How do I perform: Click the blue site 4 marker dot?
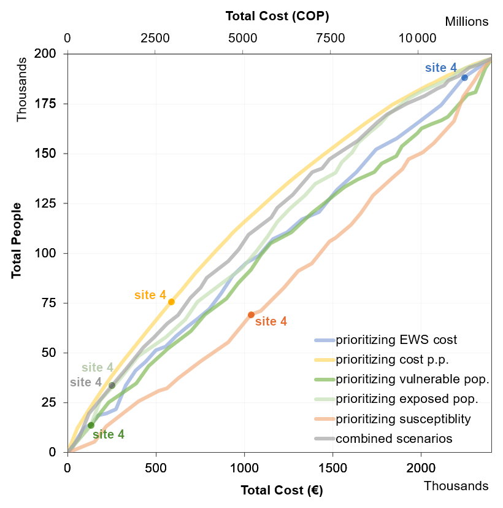pyautogui.click(x=464, y=77)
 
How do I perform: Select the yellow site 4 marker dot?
pyautogui.click(x=171, y=302)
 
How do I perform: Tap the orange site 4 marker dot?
pyautogui.click(x=251, y=315)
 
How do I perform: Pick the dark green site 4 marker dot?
pyautogui.click(x=91, y=425)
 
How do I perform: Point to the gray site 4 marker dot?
pyautogui.click(x=112, y=385)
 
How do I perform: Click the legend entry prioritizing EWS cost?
pyautogui.click(x=396, y=339)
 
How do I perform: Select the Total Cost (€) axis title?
pyautogui.click(x=282, y=490)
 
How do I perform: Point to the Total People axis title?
pyautogui.click(x=17, y=240)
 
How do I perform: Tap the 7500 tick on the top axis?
pyautogui.click(x=330, y=39)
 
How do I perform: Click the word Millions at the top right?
pyautogui.click(x=466, y=21)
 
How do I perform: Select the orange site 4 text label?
pyautogui.click(x=271, y=321)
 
